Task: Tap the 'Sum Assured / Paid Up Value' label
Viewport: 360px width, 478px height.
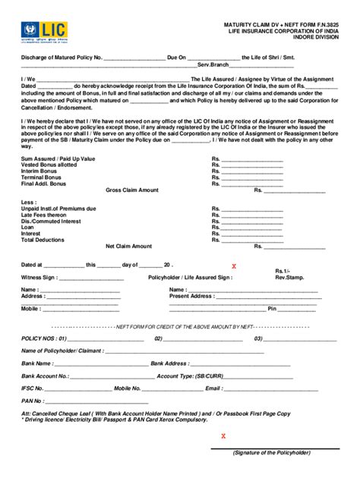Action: (58, 159)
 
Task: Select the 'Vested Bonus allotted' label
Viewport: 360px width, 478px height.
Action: (49, 165)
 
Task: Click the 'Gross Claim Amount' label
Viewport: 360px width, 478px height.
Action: (131, 190)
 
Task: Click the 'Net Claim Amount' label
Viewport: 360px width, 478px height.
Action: (128, 247)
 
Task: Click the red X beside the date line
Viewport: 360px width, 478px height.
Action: (234, 266)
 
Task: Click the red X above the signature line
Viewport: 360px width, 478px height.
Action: (223, 436)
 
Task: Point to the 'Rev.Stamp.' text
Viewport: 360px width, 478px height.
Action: (289, 278)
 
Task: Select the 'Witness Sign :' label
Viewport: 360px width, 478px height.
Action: (43, 278)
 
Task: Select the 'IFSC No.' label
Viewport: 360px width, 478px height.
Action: (34, 388)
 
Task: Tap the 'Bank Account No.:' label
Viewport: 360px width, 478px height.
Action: (46, 376)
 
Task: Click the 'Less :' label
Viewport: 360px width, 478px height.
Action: (30, 203)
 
